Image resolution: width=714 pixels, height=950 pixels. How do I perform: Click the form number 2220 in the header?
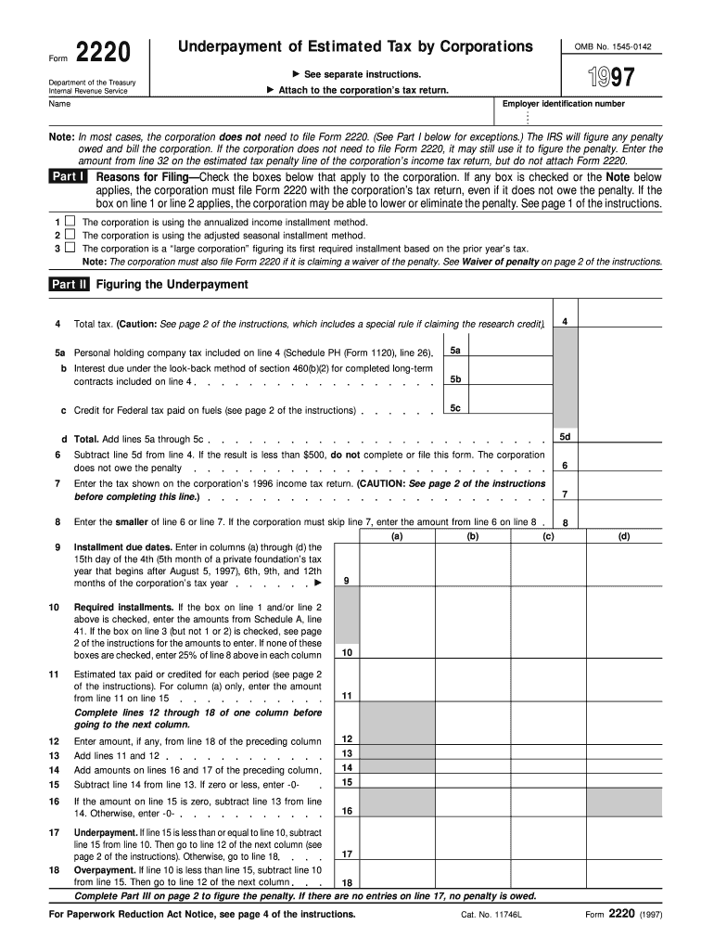tap(102, 53)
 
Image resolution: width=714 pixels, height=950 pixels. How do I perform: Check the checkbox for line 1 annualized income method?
tap(70, 223)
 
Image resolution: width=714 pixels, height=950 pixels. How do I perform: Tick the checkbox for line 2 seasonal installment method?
tap(70, 236)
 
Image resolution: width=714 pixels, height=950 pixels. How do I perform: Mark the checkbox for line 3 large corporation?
tap(70, 248)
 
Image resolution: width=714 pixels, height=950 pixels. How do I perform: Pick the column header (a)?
tap(397, 536)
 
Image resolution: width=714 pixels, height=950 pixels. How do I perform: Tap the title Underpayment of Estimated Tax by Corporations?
tap(355, 46)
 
